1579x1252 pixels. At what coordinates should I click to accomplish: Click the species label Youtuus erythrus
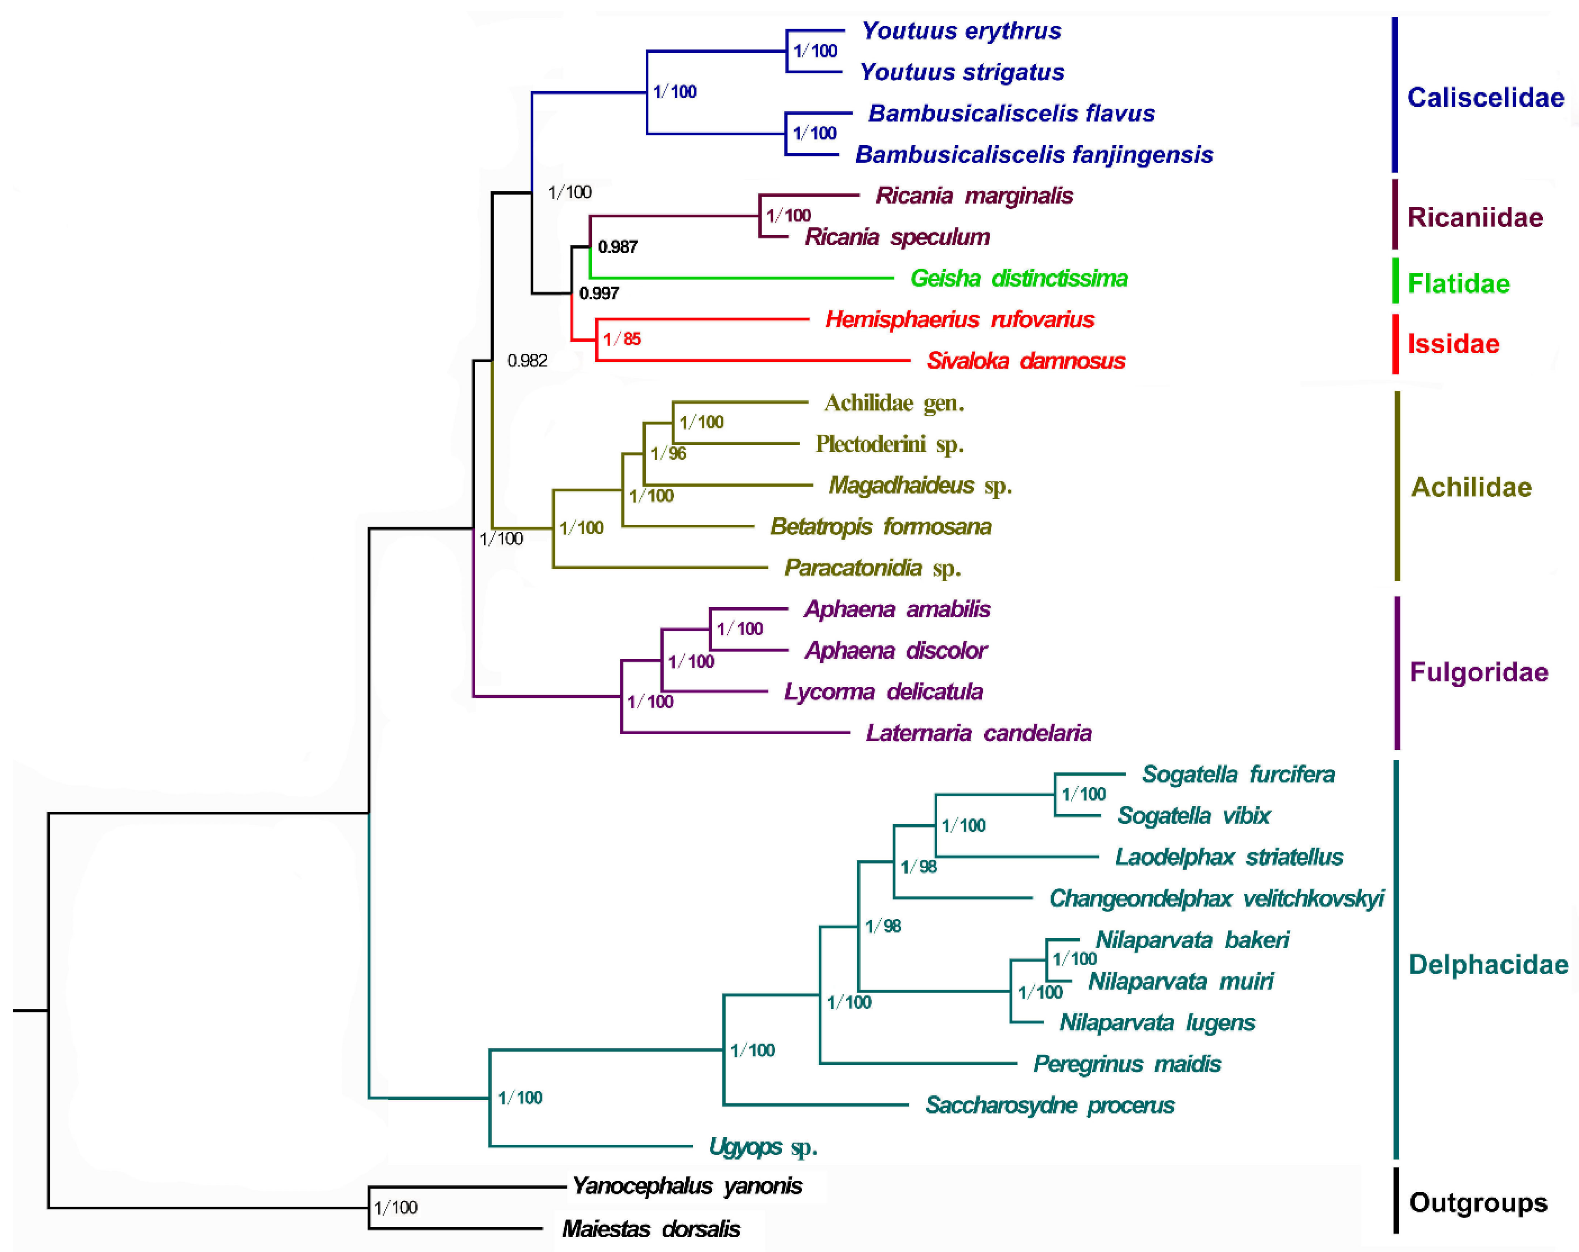961,31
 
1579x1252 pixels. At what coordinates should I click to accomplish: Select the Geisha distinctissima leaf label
1019,278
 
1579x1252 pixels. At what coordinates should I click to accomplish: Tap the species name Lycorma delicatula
883,692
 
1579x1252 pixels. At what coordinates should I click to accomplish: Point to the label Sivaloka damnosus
1025,360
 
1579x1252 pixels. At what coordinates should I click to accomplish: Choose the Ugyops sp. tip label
763,1146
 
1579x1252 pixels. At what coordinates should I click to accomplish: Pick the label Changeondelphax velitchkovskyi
1216,898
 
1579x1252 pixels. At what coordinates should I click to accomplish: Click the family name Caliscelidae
1485,97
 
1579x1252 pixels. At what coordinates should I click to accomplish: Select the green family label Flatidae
1458,284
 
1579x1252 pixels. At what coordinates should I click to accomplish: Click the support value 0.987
617,247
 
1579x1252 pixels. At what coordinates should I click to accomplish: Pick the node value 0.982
527,360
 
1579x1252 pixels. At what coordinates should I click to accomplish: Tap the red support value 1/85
622,339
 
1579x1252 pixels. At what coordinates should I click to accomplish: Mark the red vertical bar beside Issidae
1396,343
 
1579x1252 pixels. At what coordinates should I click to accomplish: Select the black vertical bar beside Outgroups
1396,1200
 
